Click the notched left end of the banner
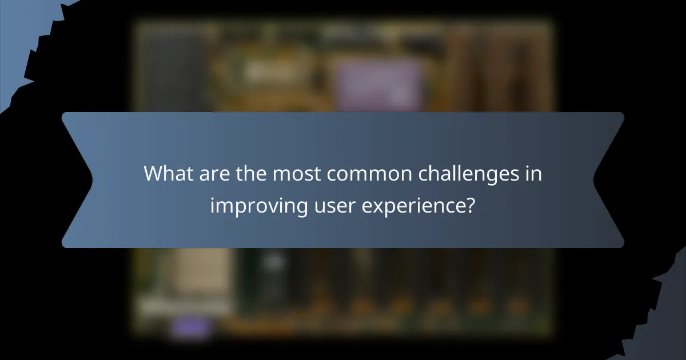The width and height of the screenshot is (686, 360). click(77, 180)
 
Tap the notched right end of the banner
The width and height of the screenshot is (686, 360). click(609, 180)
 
